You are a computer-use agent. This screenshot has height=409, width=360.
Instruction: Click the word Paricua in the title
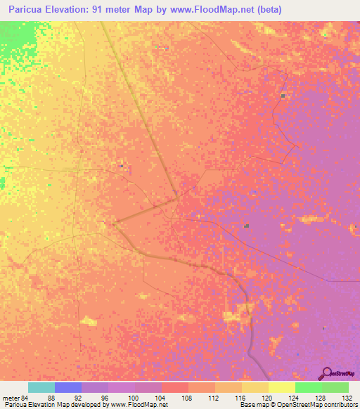(25, 10)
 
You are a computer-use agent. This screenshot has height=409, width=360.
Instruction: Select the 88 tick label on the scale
(51, 396)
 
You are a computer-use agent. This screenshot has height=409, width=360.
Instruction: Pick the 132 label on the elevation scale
(349, 396)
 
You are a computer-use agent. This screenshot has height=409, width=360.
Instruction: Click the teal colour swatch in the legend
(41, 387)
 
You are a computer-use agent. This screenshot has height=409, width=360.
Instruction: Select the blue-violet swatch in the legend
(67, 387)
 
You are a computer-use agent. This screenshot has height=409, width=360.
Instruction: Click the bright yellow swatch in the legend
(281, 387)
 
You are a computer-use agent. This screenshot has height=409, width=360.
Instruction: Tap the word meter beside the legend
(10, 396)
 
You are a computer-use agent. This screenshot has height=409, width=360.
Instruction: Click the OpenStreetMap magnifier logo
(327, 373)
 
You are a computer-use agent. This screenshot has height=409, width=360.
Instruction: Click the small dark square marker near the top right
(283, 96)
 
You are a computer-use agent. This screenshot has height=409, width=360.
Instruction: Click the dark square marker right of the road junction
(246, 226)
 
